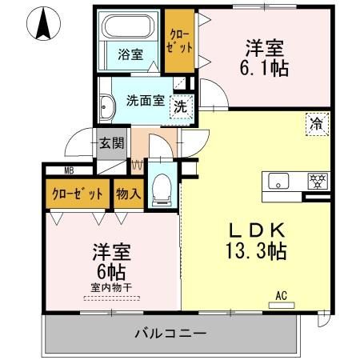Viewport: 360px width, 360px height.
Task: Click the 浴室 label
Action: [x=130, y=54]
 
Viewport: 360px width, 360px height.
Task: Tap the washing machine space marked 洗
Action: [x=182, y=104]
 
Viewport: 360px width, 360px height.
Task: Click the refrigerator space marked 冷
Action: [x=316, y=124]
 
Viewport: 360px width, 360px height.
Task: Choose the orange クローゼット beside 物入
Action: [x=78, y=194]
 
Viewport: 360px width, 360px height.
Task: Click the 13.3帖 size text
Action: [x=254, y=250]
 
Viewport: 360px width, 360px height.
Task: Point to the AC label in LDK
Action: [x=280, y=294]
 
